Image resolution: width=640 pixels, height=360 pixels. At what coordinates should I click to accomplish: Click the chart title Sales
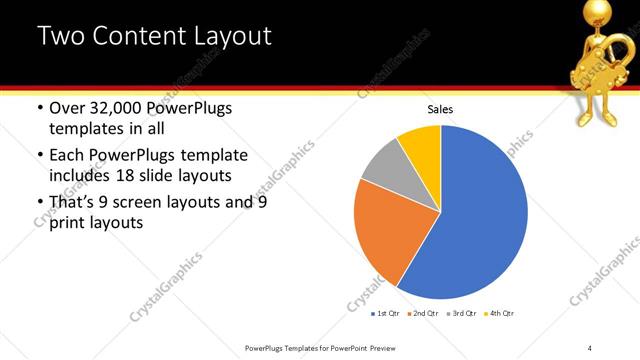440,109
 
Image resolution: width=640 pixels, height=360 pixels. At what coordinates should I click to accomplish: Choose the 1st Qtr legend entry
386,314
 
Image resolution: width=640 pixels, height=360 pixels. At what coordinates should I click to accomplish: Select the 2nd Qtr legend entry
424,314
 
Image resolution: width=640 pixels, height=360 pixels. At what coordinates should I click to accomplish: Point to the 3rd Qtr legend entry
462,314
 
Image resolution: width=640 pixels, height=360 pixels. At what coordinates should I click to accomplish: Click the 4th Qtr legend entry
499,314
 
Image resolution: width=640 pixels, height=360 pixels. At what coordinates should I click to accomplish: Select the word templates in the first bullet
88,129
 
